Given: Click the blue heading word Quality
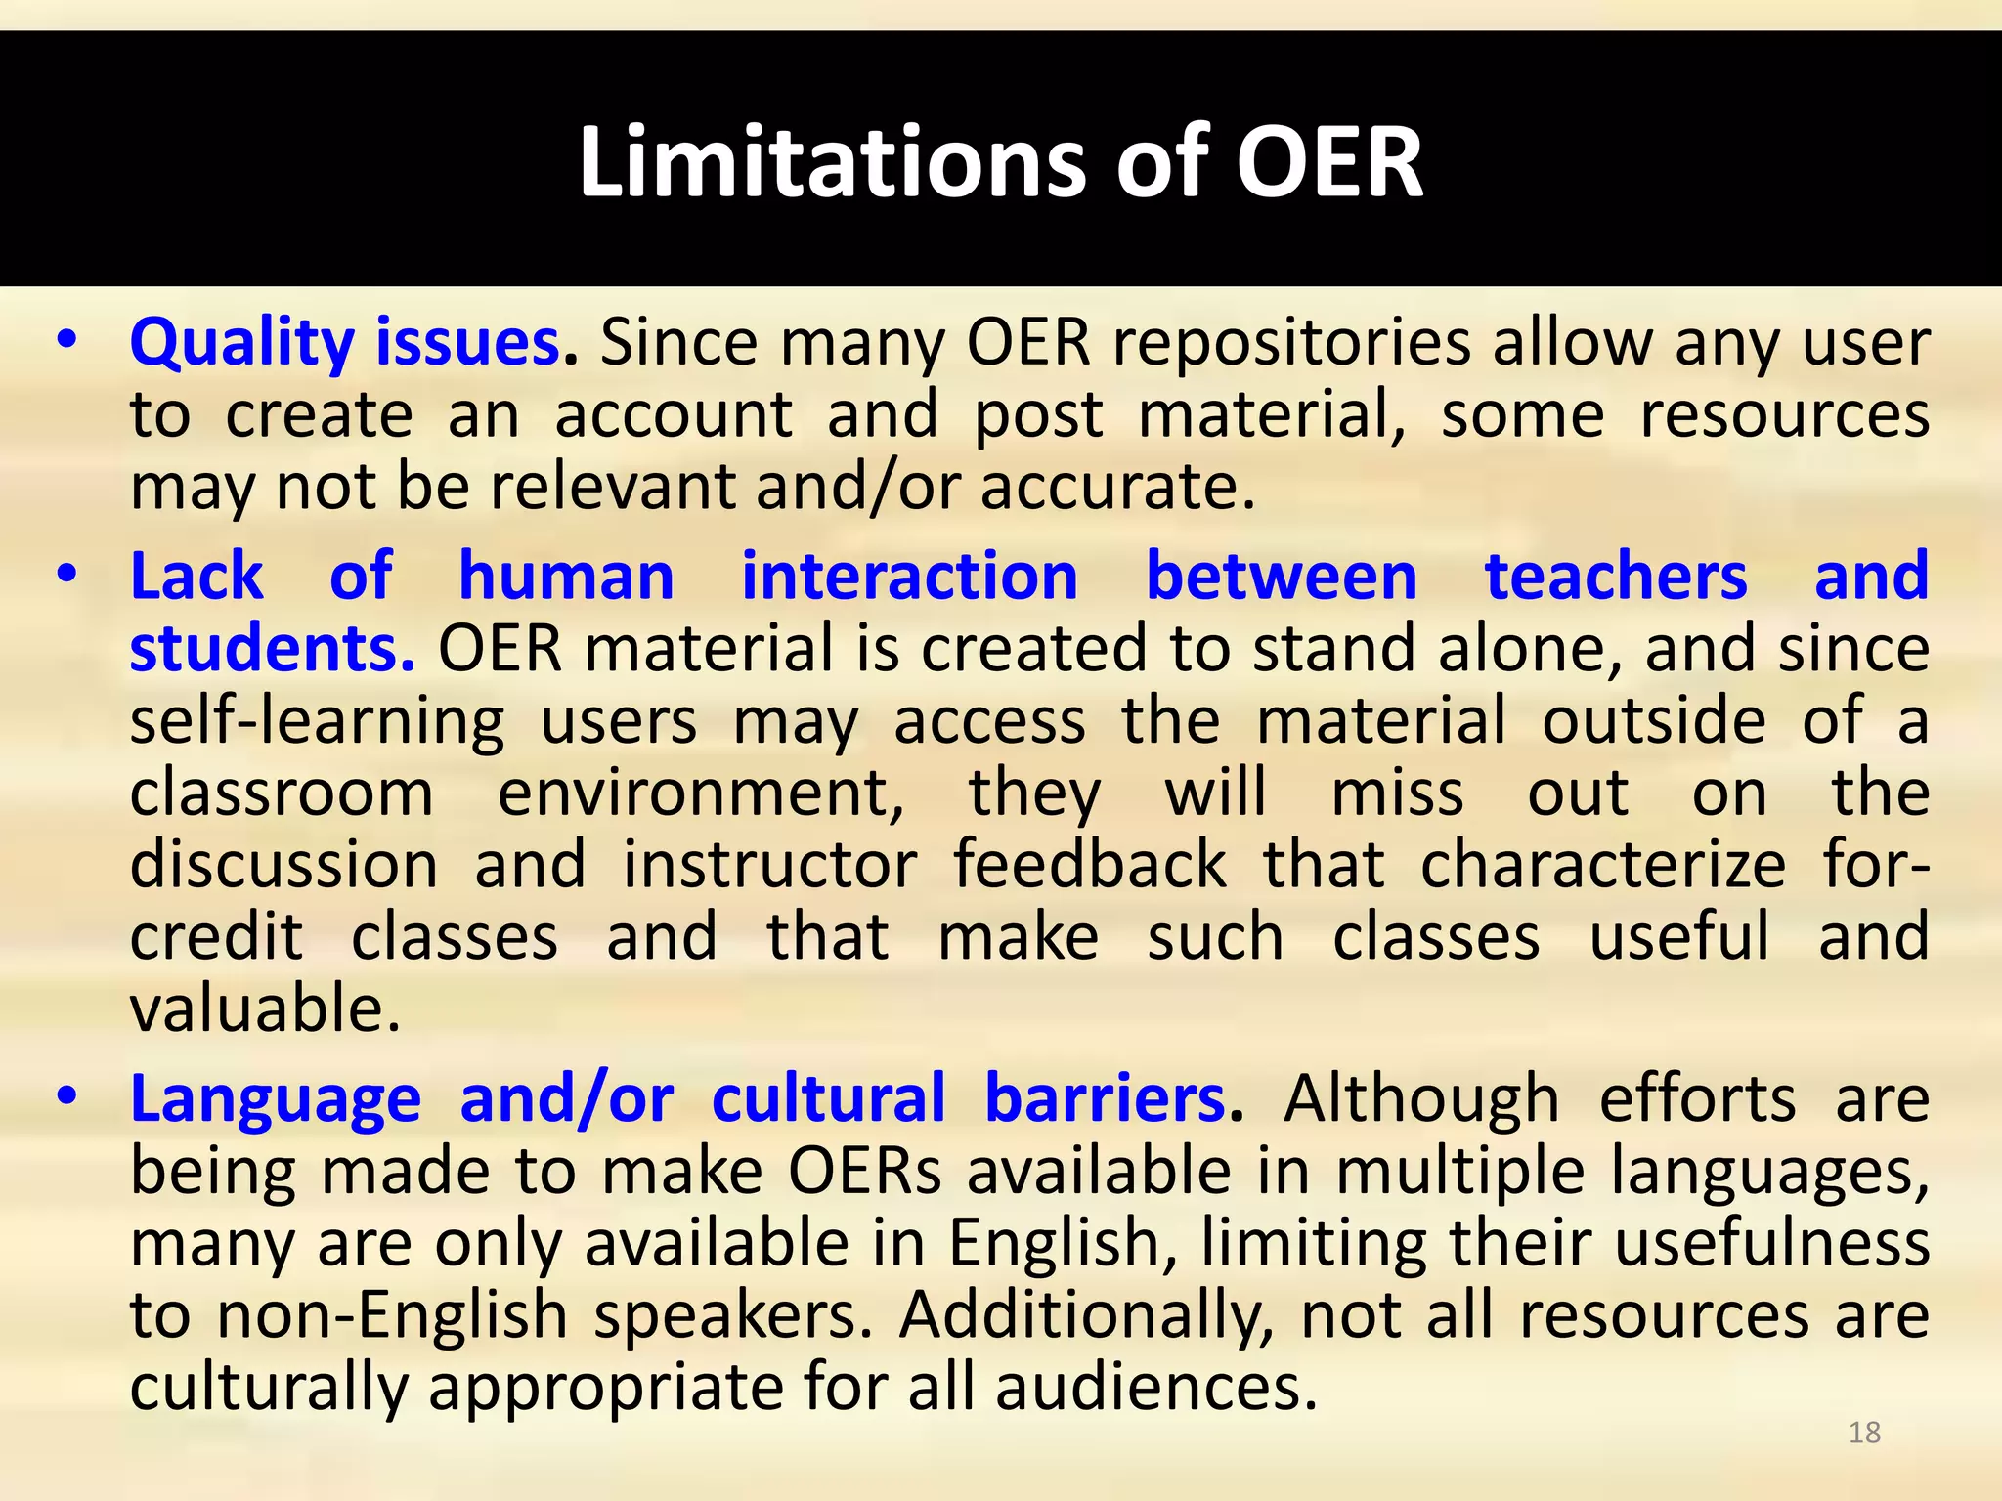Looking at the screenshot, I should pos(241,344).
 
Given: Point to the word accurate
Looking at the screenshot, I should pos(1116,486).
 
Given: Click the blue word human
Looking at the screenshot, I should pos(566,576).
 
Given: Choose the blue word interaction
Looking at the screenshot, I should pos(909,576).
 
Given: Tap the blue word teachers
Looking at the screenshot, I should pos(1615,576).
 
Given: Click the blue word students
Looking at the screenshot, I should pos(272,648).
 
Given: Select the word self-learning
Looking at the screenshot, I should pos(318,722).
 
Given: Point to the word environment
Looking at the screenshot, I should pos(701,793).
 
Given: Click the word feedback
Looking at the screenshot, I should pos(1089,865).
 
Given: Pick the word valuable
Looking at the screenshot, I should pos(265,1009).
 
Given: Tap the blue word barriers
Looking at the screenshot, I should pos(1106,1098).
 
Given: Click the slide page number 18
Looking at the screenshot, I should pos(1864,1433).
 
